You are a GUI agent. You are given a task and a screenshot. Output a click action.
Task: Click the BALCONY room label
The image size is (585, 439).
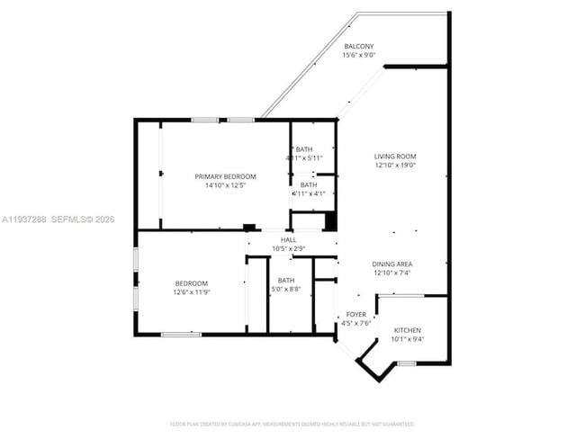(x=359, y=46)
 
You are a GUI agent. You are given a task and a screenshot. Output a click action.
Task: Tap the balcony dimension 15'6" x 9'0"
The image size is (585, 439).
(x=359, y=55)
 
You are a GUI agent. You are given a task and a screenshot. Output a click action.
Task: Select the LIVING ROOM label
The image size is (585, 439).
(x=395, y=156)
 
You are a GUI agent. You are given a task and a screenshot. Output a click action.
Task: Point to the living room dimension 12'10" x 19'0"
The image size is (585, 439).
(x=395, y=166)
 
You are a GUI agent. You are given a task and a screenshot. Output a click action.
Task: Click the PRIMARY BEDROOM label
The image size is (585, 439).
(x=225, y=176)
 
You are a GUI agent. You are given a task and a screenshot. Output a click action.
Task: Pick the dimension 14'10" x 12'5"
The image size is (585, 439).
(x=225, y=185)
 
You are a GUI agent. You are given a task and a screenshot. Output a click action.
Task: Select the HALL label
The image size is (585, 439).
(x=288, y=239)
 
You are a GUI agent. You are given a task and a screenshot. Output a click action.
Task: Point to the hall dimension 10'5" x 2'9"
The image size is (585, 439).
(x=288, y=248)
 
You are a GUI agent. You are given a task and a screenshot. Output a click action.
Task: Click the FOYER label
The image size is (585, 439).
(x=356, y=314)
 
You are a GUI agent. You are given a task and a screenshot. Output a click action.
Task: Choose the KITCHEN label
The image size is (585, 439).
(x=407, y=331)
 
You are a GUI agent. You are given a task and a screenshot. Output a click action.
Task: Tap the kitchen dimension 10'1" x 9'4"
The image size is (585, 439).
(x=407, y=340)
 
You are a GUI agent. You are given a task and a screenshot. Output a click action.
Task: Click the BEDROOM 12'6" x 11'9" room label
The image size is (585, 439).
(x=191, y=282)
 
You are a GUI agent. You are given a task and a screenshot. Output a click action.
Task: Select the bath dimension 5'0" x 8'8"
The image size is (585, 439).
(x=286, y=290)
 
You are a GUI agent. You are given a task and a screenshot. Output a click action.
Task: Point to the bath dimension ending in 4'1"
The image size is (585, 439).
(x=304, y=193)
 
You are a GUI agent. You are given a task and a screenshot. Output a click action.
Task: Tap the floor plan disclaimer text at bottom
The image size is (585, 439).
(x=292, y=423)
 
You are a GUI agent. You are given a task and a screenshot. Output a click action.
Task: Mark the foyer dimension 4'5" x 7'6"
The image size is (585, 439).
(x=356, y=323)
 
